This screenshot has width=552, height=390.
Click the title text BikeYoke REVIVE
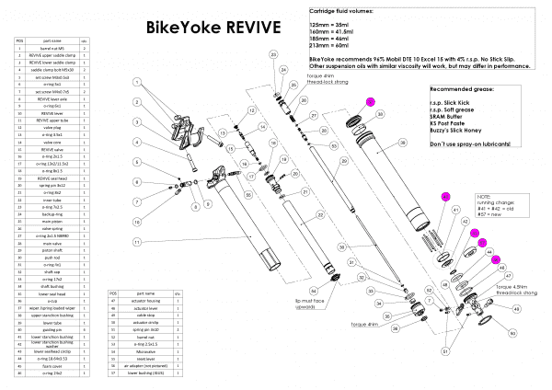[208, 27]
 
